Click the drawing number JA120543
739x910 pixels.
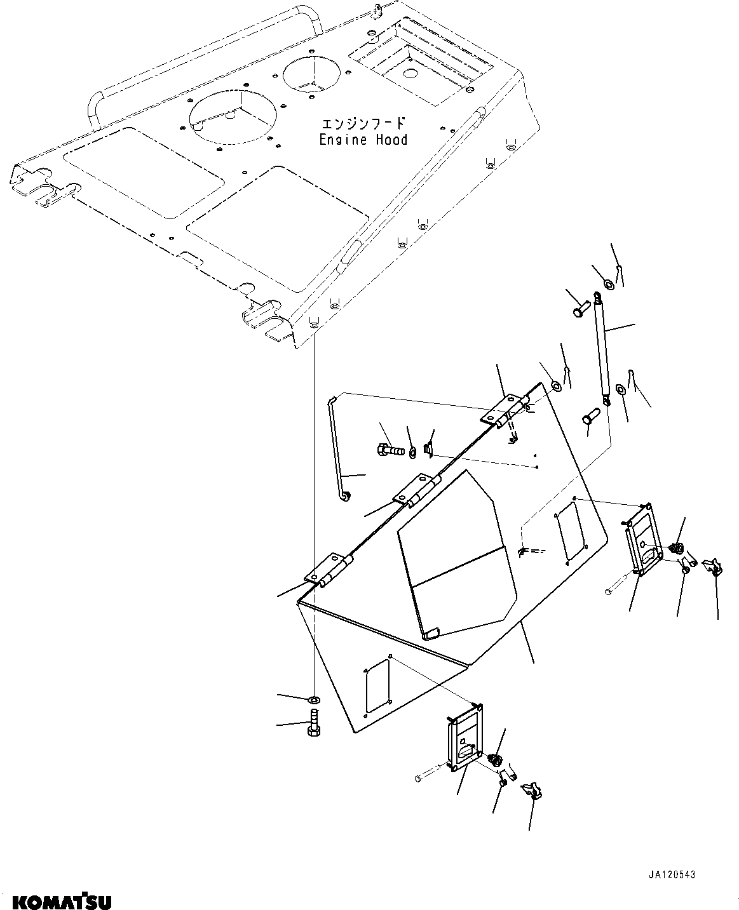(x=672, y=874)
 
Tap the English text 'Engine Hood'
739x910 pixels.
(x=363, y=140)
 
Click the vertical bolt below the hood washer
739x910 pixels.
(x=314, y=723)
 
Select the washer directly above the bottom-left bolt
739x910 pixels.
(x=314, y=700)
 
